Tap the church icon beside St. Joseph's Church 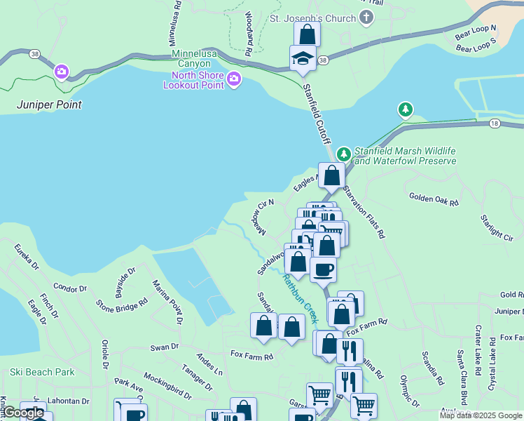coord(366,18)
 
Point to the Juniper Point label coord(49,105)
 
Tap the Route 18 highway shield coord(494,123)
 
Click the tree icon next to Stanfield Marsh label coord(343,154)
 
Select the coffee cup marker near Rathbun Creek coord(323,269)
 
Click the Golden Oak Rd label coord(433,200)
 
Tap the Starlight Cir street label coord(497,229)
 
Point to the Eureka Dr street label coord(27,258)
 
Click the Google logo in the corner coord(23,413)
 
